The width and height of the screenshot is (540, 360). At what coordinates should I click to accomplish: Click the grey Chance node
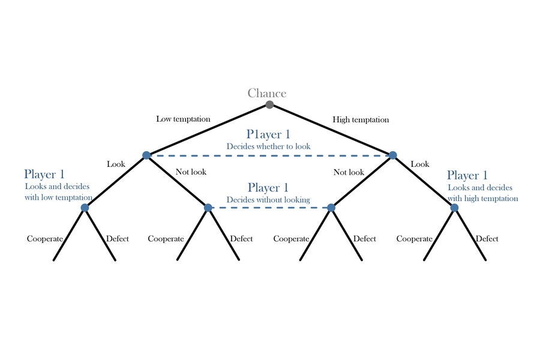269,105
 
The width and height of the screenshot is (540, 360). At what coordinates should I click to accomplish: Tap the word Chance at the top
267,93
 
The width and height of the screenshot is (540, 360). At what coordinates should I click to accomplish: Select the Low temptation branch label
183,119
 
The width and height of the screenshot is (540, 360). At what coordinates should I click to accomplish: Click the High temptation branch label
361,120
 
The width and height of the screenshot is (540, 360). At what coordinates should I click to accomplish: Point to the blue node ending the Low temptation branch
146,155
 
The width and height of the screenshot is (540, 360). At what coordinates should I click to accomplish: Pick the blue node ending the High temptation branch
392,155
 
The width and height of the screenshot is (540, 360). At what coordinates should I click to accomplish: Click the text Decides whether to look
268,146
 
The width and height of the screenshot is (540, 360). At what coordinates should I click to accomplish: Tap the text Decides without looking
268,200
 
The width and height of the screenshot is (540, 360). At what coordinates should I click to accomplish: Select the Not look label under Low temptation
191,172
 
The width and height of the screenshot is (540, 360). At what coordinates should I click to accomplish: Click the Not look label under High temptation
349,172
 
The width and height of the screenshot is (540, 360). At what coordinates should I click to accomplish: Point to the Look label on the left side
116,164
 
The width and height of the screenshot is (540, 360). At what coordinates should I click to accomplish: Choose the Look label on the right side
420,164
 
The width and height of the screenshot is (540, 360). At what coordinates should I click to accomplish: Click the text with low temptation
59,197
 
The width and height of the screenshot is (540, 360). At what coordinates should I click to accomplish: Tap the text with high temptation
483,199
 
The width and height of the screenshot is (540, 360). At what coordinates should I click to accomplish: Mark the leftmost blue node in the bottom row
85,208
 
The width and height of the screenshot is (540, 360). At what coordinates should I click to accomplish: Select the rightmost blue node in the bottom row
454,208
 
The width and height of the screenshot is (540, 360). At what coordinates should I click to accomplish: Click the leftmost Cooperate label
45,239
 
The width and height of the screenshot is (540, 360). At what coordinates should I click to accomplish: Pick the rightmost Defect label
487,239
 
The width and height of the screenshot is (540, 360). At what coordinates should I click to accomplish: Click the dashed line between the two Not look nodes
269,208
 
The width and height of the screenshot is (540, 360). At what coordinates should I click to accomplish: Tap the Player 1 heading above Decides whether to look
268,134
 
